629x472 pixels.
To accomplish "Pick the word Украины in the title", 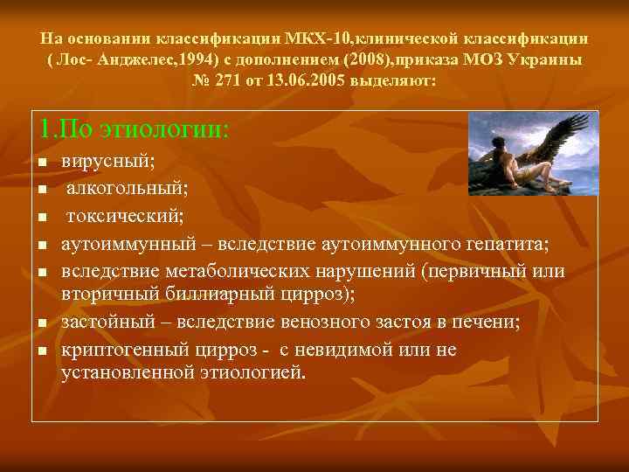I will [545, 60].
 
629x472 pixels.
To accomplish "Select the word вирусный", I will [107, 163].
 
